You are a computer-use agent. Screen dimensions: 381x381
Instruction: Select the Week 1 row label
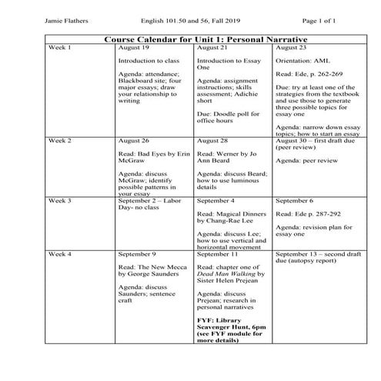(59, 48)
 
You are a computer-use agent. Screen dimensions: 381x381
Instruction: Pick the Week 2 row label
(59, 143)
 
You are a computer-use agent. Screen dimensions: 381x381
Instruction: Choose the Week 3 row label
(59, 199)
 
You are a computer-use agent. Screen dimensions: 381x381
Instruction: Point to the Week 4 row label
(59, 253)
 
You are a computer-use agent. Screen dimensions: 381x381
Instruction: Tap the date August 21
(212, 48)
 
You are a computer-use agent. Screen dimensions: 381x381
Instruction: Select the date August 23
(291, 48)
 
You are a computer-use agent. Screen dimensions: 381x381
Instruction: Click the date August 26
(134, 143)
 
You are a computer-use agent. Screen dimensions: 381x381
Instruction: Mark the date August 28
(212, 143)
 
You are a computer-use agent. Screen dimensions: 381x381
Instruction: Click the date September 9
(139, 253)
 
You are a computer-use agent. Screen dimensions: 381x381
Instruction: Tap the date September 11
(219, 253)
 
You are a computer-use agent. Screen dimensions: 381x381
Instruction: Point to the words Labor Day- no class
(146, 204)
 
